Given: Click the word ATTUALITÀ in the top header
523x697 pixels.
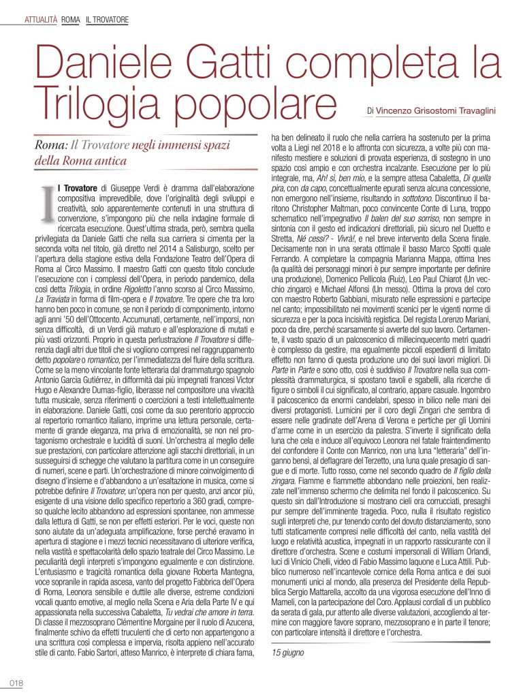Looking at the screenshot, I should [40, 20].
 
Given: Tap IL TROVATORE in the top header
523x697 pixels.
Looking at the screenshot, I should [108, 20].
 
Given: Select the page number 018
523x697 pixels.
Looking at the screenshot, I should [16, 683].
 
